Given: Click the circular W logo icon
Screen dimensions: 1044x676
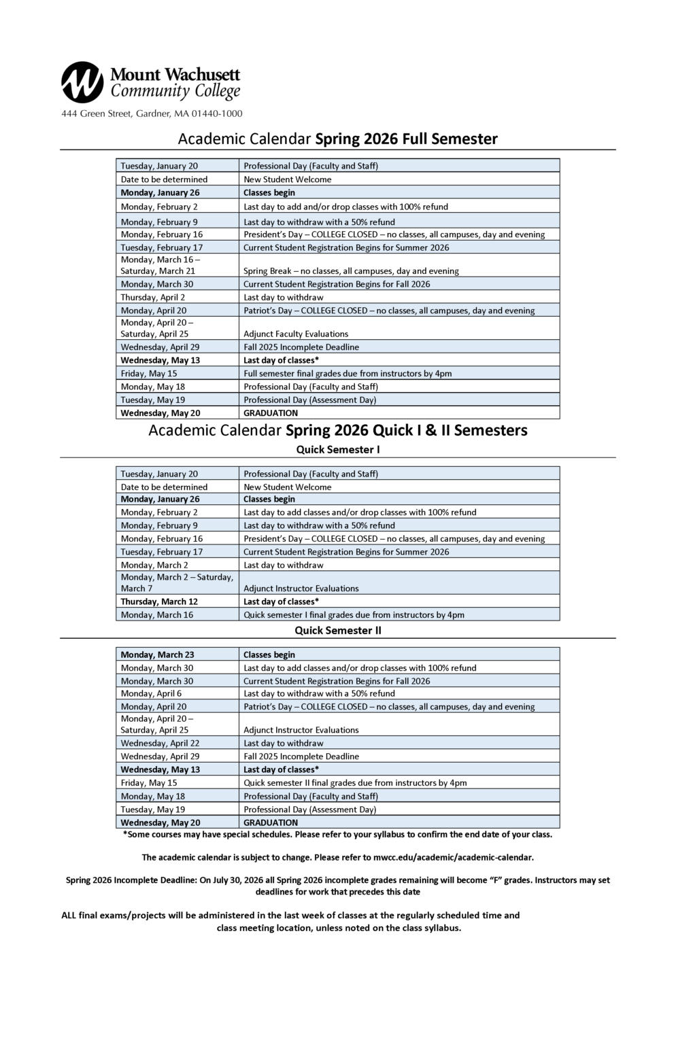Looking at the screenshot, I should [82, 82].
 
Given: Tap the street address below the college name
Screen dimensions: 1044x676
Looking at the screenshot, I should [152, 114].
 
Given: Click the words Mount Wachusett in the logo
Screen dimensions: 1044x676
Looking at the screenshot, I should [175, 74].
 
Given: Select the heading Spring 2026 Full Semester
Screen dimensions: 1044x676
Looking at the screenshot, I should [406, 139].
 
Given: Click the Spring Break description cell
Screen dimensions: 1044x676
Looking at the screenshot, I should [351, 271].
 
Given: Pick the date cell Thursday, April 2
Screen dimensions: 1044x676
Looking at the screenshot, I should [153, 297].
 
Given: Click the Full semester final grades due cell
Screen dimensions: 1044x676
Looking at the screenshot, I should [348, 373].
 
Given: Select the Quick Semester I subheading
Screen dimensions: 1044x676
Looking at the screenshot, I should [338, 449].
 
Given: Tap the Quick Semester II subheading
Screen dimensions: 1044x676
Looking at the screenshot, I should [338, 630].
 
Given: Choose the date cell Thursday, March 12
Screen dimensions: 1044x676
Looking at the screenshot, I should [159, 602].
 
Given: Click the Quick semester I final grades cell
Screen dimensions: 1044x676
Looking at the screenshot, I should [354, 614].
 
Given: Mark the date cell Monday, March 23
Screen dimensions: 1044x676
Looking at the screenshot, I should [157, 655].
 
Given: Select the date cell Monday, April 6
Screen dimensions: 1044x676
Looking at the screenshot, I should [151, 693].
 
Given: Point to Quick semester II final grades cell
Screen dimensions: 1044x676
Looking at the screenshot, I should [355, 782].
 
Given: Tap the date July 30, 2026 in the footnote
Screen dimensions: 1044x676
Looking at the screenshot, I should [242, 880].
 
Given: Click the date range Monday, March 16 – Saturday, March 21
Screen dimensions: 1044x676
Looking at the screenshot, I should [160, 265].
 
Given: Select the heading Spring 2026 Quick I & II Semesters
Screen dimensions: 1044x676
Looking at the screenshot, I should [406, 430].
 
